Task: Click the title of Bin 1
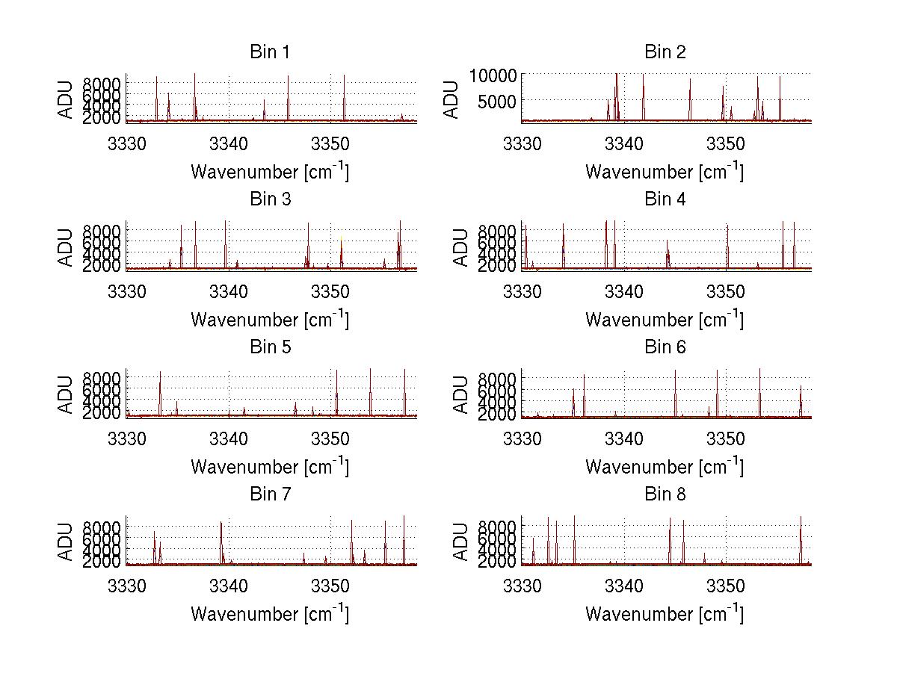click(x=270, y=52)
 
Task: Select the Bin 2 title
click(x=665, y=52)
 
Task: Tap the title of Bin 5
click(x=270, y=347)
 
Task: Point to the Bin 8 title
click(x=665, y=494)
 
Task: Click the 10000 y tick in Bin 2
click(x=493, y=75)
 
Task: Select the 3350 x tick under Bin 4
click(x=726, y=288)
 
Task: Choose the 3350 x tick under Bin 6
click(x=726, y=436)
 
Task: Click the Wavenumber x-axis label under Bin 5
click(x=270, y=467)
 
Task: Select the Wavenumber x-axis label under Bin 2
click(x=665, y=172)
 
